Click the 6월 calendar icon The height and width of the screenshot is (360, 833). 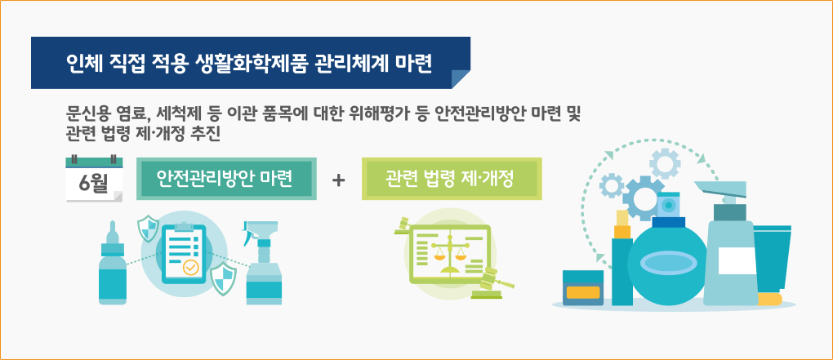pos(94,179)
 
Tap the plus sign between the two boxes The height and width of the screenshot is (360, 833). pos(338,180)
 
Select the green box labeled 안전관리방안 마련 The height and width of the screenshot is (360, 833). pos(226,179)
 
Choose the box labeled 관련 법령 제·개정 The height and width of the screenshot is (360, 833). pos(452,179)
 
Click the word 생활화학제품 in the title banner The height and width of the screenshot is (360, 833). pos(247,63)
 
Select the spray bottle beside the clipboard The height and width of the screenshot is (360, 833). pos(262,263)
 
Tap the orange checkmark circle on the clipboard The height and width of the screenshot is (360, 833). pos(190,268)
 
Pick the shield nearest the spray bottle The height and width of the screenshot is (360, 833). pos(223,279)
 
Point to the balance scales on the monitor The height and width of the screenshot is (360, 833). pos(449,251)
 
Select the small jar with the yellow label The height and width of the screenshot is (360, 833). pos(583,288)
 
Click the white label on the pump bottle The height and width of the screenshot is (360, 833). pos(737,260)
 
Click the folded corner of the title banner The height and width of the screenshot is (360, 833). pos(461,79)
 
